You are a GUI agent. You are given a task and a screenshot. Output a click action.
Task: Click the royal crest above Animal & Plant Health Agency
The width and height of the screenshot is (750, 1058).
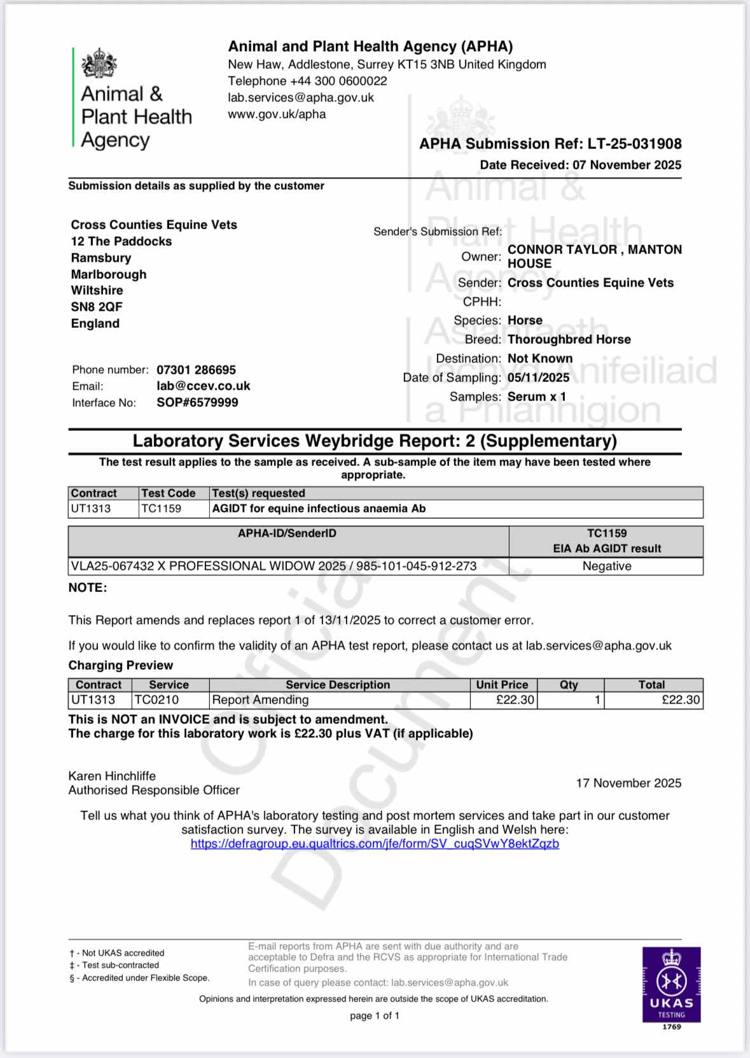(x=99, y=63)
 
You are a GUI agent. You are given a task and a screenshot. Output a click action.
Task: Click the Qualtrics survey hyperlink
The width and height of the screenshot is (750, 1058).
(x=375, y=843)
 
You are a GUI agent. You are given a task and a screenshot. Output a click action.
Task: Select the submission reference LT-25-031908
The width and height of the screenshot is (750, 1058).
(x=634, y=144)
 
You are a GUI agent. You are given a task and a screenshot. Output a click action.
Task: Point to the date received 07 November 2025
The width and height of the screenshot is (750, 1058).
(x=627, y=165)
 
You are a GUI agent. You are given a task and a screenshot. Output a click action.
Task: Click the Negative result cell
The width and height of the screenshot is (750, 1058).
(x=606, y=566)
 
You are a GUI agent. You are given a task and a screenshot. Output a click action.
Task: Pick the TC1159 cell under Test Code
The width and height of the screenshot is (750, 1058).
(x=162, y=509)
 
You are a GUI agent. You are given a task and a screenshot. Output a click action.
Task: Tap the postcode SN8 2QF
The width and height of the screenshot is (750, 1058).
(x=97, y=307)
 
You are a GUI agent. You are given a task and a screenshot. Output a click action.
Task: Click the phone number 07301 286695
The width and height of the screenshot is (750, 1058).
(x=196, y=370)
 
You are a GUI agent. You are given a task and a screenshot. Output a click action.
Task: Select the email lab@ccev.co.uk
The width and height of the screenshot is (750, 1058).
(x=204, y=386)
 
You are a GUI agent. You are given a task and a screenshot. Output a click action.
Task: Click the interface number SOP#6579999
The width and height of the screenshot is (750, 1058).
(x=197, y=403)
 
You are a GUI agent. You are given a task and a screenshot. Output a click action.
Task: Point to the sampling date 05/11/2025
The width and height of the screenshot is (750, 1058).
(x=538, y=377)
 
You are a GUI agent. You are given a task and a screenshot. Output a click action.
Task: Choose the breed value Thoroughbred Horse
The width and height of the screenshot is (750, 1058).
(x=569, y=339)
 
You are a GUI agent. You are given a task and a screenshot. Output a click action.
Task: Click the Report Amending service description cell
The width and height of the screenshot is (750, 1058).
(x=260, y=700)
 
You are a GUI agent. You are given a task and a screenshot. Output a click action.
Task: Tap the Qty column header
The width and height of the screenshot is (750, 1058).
(x=569, y=685)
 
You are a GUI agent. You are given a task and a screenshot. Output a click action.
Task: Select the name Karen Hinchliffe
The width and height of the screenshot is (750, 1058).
(x=112, y=776)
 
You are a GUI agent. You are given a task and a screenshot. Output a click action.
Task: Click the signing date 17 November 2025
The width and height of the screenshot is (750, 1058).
(x=628, y=783)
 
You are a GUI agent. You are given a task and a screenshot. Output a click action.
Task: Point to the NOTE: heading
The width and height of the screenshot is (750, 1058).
(x=88, y=588)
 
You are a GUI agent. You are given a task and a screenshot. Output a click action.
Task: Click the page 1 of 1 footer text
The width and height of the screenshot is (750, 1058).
(x=375, y=1015)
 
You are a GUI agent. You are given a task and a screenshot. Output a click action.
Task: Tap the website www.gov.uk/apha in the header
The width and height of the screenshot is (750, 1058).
(x=277, y=115)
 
